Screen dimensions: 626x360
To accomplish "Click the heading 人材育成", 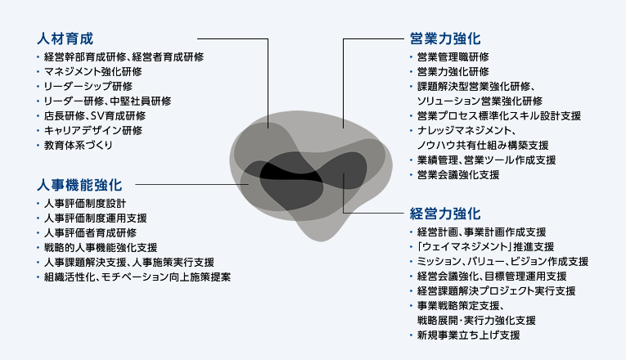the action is pos(65,38).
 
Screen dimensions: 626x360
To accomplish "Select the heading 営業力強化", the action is pos(445,38).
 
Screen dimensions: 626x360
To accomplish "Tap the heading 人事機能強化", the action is pos(79,185).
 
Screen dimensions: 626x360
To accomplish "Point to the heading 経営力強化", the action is pos(445,214).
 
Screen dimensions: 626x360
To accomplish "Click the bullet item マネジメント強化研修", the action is pos(93,72).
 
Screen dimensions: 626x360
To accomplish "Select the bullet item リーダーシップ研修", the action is pos(88,86).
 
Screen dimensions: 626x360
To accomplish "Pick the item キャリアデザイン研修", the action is pos(93,131).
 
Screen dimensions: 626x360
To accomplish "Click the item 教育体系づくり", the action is pos(79,146).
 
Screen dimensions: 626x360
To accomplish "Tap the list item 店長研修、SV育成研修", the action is pos(95,115).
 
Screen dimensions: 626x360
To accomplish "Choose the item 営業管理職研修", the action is pos(453,57).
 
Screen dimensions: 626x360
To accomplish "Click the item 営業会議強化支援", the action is pos(458,175).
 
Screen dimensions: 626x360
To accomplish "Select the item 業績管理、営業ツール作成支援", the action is pos(486,160).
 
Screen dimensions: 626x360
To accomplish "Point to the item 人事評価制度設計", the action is pos(85,204).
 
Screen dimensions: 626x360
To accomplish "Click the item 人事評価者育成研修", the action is pos(90,233).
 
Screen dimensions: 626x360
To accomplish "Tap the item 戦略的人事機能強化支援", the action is pos(101,248).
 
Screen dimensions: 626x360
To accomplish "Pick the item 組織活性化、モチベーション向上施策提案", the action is pos(137,277).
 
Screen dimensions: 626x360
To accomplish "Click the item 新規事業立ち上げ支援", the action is pos(468,335).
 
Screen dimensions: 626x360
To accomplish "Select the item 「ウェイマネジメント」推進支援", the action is pos(485,247).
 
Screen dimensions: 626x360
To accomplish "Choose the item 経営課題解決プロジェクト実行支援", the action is pos(496,291).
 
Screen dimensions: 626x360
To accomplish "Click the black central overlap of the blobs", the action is pos(288,174).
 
